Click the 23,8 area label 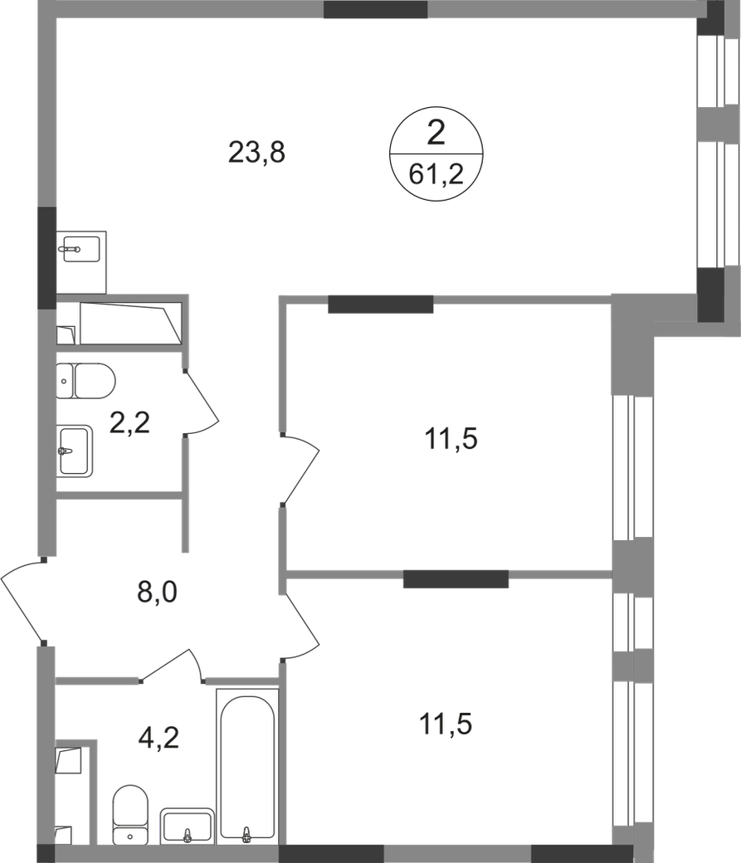256,154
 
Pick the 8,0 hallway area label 158,593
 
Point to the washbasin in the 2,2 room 76,451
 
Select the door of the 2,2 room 203,404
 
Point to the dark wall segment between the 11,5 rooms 456,577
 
